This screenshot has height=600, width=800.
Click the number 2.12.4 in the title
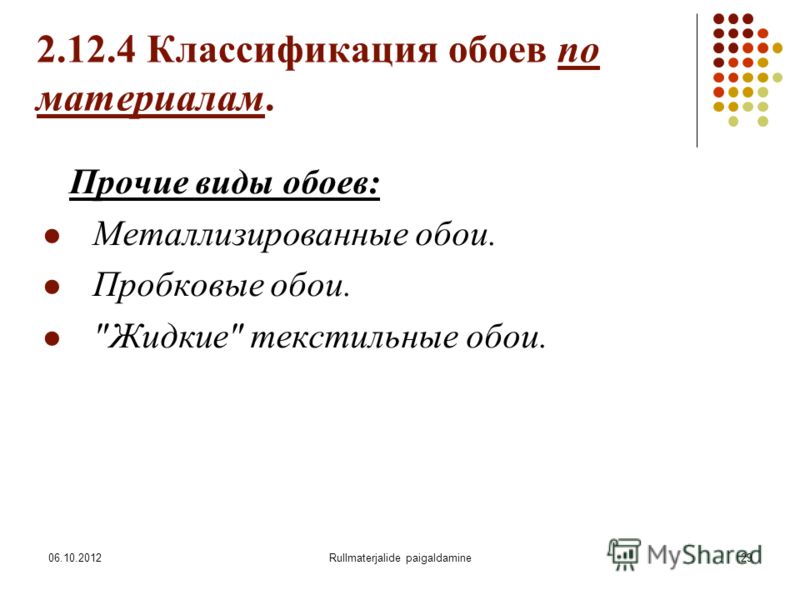(86, 50)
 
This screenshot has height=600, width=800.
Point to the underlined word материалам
(150, 98)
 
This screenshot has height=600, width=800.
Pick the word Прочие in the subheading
(130, 182)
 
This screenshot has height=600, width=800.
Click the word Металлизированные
(250, 236)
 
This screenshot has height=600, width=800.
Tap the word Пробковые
(178, 285)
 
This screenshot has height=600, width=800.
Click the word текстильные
(354, 337)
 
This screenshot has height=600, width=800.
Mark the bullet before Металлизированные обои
(52, 236)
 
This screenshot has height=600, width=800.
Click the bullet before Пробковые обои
(52, 287)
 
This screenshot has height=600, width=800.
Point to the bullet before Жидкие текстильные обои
(52, 338)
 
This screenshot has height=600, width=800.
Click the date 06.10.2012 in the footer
(75, 558)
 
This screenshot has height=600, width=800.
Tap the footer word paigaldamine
(439, 558)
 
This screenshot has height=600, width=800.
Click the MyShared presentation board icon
(623, 554)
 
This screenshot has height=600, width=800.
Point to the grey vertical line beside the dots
(697, 81)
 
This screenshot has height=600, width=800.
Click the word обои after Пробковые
(310, 286)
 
